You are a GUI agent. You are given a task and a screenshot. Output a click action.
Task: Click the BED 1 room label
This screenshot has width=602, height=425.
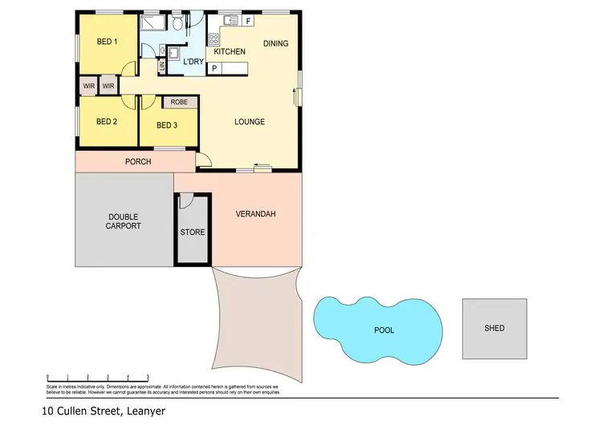(107, 42)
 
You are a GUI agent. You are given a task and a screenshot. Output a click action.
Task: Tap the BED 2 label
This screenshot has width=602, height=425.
(107, 122)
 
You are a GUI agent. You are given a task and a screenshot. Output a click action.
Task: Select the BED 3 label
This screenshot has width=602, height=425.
(167, 125)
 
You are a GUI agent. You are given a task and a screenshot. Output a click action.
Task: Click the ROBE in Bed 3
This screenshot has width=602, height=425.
(179, 103)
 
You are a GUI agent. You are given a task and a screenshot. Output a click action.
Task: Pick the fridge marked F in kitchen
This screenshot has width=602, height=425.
(248, 20)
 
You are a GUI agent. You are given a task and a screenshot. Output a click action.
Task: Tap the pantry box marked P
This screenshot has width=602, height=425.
(214, 69)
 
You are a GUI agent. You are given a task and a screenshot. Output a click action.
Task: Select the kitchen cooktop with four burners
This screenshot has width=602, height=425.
(214, 38)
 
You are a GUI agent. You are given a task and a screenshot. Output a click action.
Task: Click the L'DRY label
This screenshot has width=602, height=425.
(193, 62)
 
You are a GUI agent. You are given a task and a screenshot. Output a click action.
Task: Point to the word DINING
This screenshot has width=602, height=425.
(275, 43)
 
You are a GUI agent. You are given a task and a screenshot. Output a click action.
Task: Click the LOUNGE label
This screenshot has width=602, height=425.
(249, 122)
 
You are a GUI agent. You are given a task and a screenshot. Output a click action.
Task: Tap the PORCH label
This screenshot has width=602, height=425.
(138, 162)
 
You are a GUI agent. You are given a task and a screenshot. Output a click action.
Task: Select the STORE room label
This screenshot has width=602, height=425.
(193, 233)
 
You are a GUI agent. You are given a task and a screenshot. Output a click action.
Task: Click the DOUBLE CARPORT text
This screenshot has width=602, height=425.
(123, 221)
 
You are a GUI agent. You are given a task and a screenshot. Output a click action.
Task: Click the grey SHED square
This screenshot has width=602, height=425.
(494, 328)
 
